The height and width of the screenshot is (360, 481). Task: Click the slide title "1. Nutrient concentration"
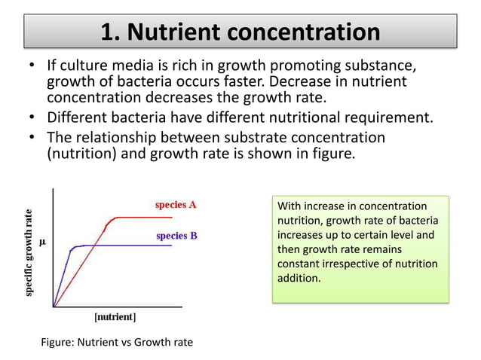coord(240,32)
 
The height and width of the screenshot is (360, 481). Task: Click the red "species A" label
coord(176,204)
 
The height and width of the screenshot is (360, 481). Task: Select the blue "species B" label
coord(176,236)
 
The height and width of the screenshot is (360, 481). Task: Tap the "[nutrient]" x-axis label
coord(115,317)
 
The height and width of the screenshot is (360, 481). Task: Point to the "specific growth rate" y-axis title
coord(29,252)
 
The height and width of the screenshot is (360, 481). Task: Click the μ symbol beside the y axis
coord(42,243)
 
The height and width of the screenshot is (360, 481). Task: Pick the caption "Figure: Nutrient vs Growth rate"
coord(116,343)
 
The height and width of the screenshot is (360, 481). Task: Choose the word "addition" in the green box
coord(299,278)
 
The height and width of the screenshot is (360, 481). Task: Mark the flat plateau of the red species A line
coord(143,218)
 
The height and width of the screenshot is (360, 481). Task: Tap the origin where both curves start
coord(54,307)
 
